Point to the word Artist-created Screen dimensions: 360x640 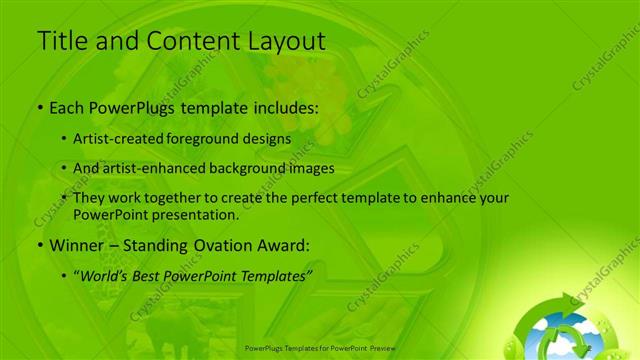[x=117, y=139]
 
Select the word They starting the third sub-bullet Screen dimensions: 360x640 [x=89, y=198]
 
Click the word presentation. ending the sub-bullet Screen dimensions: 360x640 [x=194, y=214]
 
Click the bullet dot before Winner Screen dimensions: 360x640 [x=40, y=245]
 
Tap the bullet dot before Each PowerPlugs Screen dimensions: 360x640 [x=40, y=107]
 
